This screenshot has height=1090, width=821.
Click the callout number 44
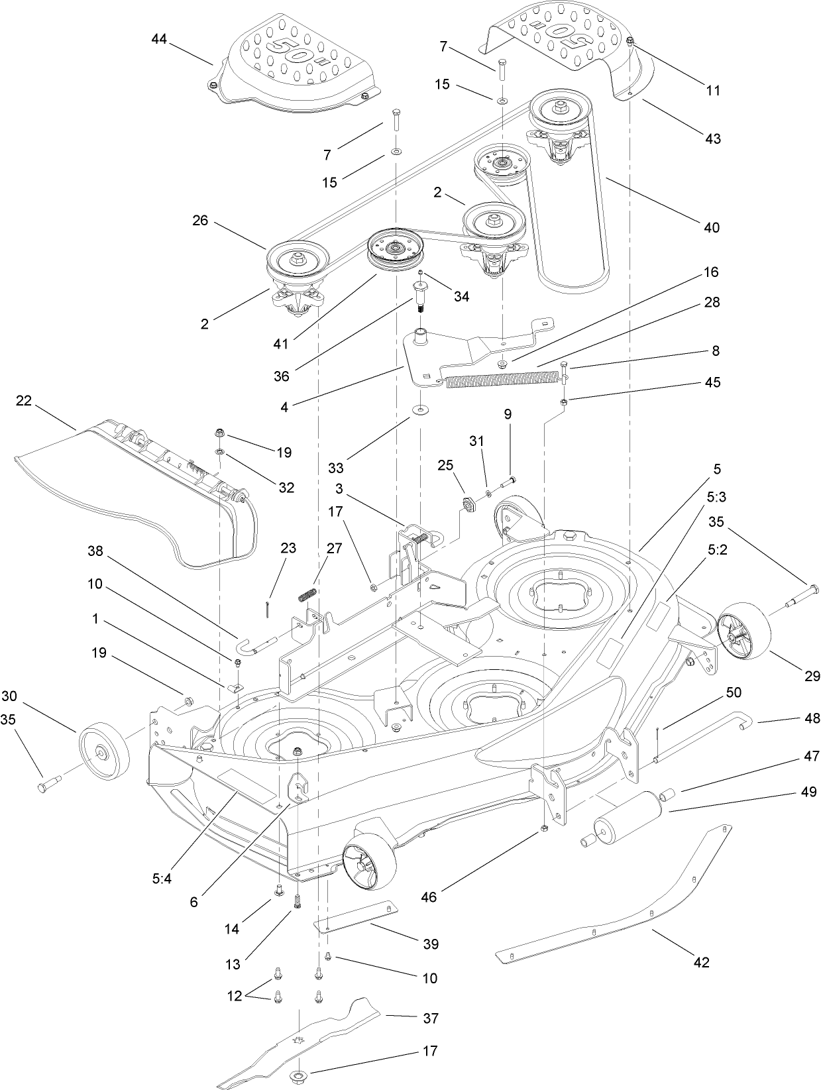coord(159,39)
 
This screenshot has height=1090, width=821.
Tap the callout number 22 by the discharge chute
coord(23,402)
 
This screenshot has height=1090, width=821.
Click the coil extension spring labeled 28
coord(497,380)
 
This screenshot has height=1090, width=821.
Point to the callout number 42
coord(701,962)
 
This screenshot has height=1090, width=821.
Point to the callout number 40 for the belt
coord(711,227)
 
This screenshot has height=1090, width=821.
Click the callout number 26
coord(200,220)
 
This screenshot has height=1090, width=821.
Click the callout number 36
coord(282,376)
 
